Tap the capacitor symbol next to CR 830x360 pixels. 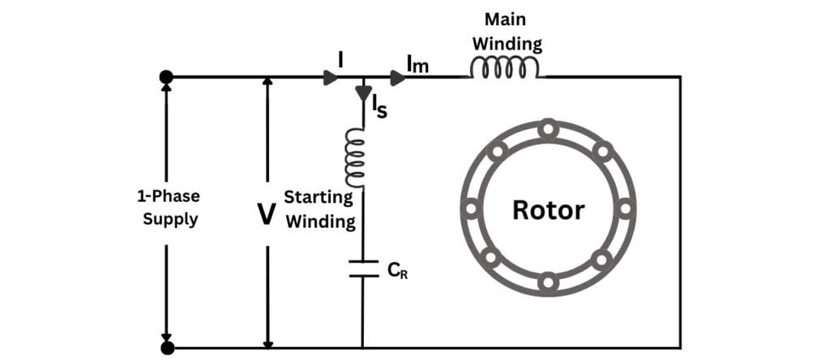[362, 268]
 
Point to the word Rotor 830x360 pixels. [548, 210]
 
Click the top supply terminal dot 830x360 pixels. [167, 77]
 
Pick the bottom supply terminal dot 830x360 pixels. [167, 348]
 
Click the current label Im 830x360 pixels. [417, 63]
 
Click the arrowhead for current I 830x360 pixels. [331, 78]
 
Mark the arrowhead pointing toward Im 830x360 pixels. [397, 78]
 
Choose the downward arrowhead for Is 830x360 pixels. [362, 93]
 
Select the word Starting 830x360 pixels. [318, 197]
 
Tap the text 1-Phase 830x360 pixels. [167, 197]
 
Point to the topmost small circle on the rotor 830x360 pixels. [548, 128]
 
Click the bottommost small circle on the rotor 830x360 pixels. [548, 283]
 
